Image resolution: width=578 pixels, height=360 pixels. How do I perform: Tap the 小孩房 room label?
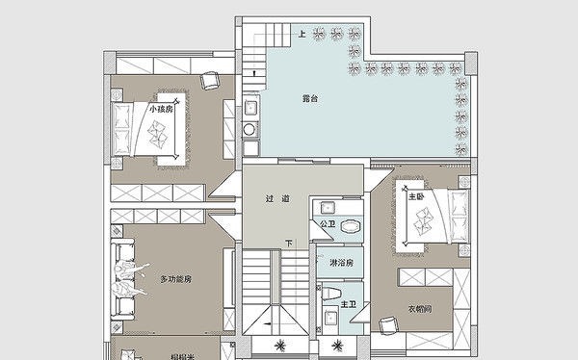161,110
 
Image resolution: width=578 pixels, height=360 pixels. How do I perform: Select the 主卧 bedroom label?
416,196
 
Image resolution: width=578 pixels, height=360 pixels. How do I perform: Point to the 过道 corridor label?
278,199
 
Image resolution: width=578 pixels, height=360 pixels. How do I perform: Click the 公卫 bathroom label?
327,225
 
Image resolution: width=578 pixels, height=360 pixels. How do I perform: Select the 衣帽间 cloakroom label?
417,310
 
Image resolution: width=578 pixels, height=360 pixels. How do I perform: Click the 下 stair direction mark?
288,244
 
